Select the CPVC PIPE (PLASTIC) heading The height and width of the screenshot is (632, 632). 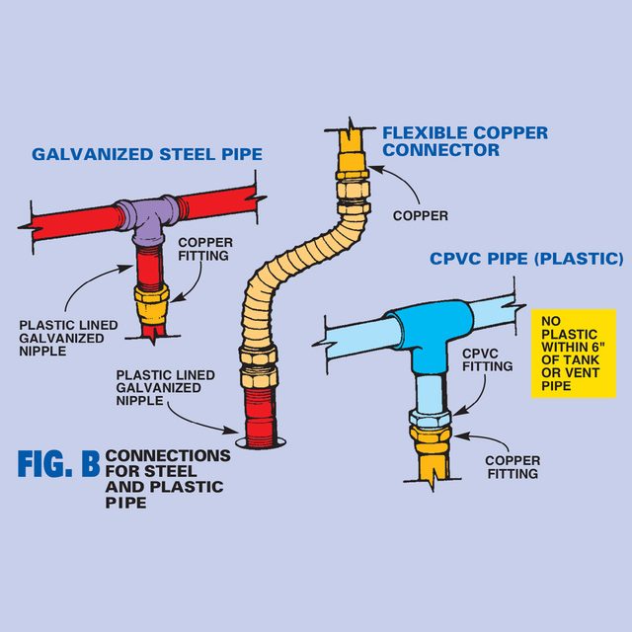(x=526, y=260)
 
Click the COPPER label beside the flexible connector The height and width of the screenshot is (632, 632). (x=420, y=215)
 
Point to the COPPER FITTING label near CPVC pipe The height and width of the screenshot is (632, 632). (x=513, y=466)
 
